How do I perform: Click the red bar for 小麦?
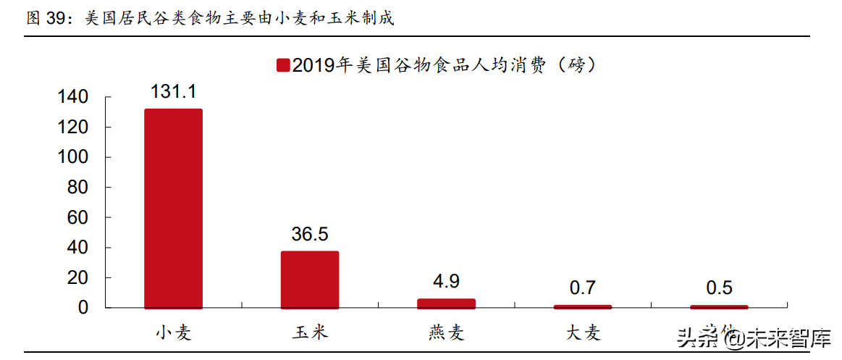tap(173, 209)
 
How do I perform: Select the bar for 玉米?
tap(310, 280)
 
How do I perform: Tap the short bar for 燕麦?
tap(446, 304)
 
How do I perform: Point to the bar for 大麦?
tap(583, 306)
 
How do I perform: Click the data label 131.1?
tap(173, 91)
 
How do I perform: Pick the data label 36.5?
tap(310, 234)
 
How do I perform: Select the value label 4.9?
tap(446, 281)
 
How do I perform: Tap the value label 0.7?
tap(583, 288)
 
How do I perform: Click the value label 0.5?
tap(719, 288)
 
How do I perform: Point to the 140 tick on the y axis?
tap(75, 97)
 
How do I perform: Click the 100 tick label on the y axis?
tap(75, 157)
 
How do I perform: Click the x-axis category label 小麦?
tap(173, 332)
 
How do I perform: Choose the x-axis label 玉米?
tap(310, 332)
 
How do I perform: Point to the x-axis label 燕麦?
tap(446, 332)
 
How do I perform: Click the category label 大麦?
tap(583, 332)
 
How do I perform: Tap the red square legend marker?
tap(282, 66)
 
